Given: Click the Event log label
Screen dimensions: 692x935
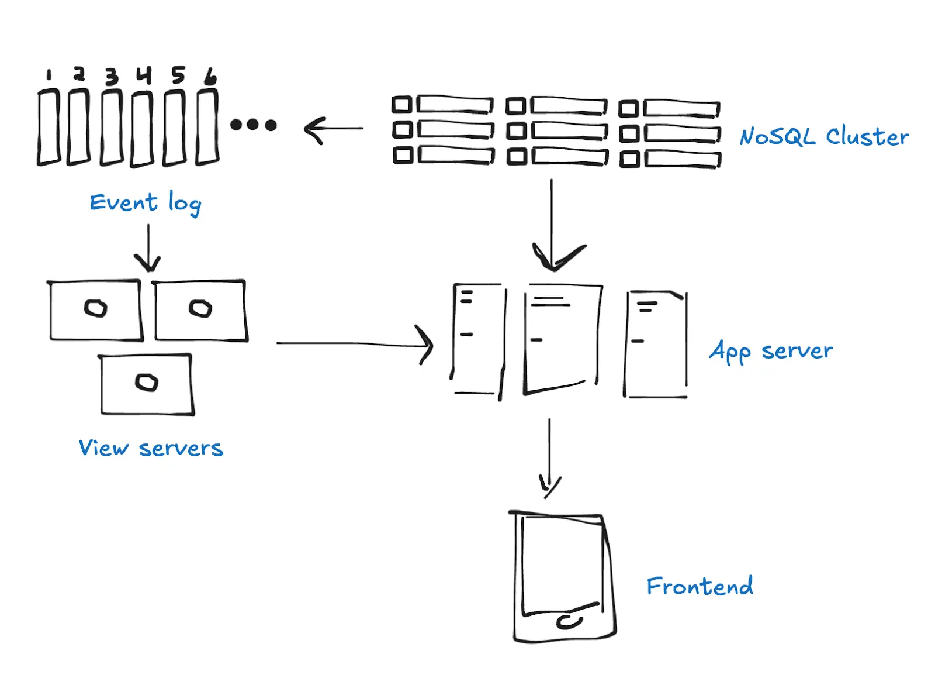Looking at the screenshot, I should click(x=146, y=203).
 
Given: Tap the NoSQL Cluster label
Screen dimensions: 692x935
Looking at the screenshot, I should click(x=823, y=137).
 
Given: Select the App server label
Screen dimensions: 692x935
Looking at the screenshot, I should click(x=771, y=352).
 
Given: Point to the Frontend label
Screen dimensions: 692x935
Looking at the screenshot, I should click(x=699, y=586).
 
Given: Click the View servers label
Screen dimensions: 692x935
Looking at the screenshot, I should click(x=151, y=448).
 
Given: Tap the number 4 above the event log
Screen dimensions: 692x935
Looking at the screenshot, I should click(x=144, y=75).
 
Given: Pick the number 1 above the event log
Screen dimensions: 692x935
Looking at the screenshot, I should click(x=49, y=75).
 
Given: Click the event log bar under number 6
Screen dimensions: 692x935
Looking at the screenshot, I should click(x=207, y=126).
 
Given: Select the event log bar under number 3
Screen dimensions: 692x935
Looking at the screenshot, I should click(x=112, y=128).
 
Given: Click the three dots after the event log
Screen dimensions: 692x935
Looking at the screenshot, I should click(x=253, y=125).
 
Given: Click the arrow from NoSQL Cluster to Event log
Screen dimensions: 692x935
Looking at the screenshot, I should click(x=333, y=129).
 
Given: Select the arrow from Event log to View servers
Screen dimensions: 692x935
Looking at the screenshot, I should click(x=148, y=248).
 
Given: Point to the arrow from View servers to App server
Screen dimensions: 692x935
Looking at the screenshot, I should click(x=354, y=344).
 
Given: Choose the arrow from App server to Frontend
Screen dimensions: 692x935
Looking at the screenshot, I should click(x=549, y=456).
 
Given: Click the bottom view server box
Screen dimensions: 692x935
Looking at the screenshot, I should click(x=147, y=384).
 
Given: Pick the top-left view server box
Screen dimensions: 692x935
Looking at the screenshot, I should click(x=96, y=310).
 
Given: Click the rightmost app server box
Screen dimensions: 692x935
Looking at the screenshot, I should click(x=656, y=345).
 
